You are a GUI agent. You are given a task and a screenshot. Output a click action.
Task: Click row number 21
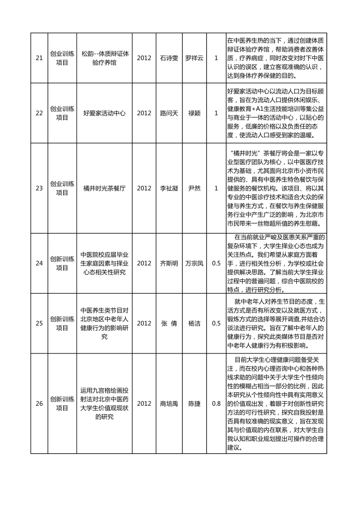[39, 58]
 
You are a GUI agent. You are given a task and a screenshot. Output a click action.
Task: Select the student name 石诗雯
[169, 58]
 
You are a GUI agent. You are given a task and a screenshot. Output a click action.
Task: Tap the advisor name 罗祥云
[194, 58]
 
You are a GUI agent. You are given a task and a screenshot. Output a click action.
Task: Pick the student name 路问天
[169, 113]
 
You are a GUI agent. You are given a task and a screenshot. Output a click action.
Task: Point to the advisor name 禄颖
[194, 113]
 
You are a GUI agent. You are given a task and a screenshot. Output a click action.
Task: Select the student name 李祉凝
[169, 188]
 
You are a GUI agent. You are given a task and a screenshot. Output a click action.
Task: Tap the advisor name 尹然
[194, 188]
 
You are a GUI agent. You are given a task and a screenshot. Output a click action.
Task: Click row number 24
[39, 263]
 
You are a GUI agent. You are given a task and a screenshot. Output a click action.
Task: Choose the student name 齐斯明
[169, 263]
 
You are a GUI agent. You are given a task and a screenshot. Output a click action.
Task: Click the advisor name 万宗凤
[194, 263]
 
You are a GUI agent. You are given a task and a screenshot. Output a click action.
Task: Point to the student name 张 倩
[169, 323]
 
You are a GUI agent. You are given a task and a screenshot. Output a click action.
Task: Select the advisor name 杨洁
[194, 323]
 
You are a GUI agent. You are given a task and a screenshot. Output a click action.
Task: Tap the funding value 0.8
[216, 403]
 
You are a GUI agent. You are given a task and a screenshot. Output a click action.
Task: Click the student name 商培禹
[169, 403]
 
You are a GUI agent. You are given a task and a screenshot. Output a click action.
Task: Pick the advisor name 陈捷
[194, 403]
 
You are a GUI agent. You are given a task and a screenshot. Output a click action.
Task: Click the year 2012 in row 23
[144, 188]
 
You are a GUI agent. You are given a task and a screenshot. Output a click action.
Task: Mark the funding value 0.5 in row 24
[216, 263]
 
